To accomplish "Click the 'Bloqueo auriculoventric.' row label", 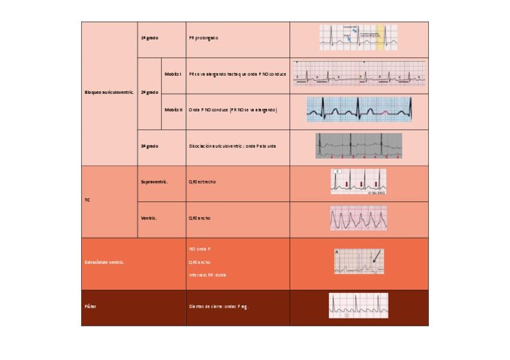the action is tap(109, 93).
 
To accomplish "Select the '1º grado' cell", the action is tap(149, 38).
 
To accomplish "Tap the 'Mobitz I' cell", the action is tap(173, 74).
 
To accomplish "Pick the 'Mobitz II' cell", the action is tap(173, 110).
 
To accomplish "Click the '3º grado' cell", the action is tap(149, 146).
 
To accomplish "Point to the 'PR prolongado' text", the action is tap(204, 38).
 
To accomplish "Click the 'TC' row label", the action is tap(88, 200).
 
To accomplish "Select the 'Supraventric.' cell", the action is tap(154, 182).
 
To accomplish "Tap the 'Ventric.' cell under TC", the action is tap(149, 218).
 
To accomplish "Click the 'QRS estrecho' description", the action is tap(202, 182).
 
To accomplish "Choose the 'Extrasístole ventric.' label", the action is tap(105, 263).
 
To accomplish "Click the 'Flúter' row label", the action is tap(90, 307).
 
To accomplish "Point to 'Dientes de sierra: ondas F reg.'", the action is tap(219, 307).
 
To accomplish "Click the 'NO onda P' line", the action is tap(200, 248).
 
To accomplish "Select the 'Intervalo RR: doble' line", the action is tap(207, 275).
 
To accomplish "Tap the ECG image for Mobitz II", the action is tap(358, 110).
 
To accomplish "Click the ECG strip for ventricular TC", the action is tap(358, 218).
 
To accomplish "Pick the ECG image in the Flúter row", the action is tap(358, 305).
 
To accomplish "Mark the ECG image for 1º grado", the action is tap(358, 37).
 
